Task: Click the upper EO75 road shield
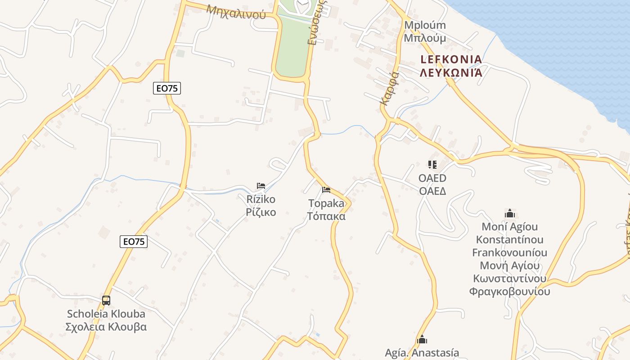[166, 88]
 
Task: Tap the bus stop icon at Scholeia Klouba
[106, 300]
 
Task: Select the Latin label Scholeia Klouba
[106, 314]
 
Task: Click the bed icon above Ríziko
[261, 186]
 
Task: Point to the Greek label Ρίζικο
[261, 212]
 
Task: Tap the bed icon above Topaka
[326, 190]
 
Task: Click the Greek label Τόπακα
[326, 216]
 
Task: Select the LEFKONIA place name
[451, 59]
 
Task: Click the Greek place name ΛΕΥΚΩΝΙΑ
[451, 72]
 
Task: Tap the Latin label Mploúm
[425, 25]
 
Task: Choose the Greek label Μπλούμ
[425, 38]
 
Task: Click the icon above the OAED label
[432, 165]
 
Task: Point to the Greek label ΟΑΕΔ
[432, 191]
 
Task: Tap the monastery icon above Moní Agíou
[510, 213]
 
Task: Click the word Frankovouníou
[510, 252]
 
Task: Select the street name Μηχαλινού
[236, 10]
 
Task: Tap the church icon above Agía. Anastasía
[422, 339]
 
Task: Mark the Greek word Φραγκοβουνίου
[510, 291]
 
